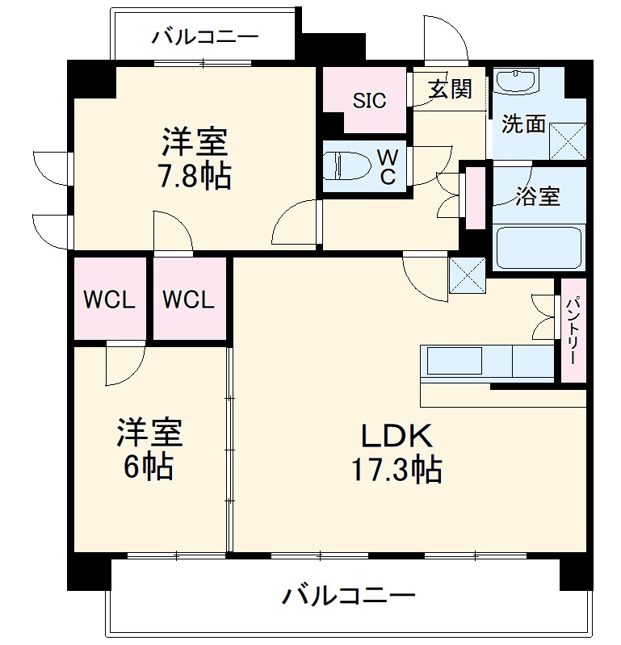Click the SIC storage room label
point(369,100)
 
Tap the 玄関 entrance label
point(450,90)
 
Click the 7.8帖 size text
point(194,176)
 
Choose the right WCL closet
point(189,299)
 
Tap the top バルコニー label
point(204,37)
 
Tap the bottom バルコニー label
point(348,597)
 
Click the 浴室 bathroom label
point(538,196)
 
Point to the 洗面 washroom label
point(523,124)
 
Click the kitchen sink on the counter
point(454,361)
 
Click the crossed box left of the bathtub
point(467,274)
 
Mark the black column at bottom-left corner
point(87,572)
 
